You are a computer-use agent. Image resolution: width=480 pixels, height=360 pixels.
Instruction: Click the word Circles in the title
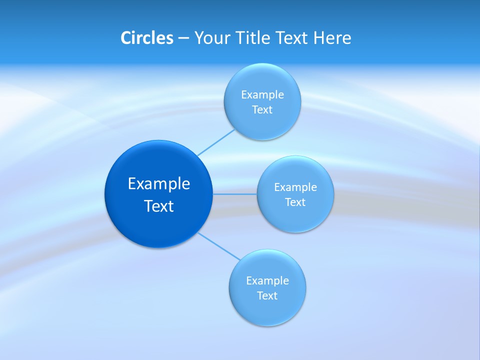pos(146,38)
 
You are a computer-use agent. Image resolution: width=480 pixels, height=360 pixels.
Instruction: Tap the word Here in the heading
pos(332,38)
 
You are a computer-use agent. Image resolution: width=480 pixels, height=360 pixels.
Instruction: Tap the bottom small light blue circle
pos(267,310)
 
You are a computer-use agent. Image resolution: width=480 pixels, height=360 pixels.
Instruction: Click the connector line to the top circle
pos(216,142)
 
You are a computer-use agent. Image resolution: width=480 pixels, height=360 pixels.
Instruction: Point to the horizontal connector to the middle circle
pos(235,194)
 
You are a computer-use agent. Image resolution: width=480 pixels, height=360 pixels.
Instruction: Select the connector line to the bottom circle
pos(218,246)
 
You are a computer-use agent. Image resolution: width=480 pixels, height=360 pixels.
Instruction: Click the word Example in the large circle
pos(159,183)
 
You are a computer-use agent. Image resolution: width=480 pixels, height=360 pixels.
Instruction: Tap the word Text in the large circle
pos(159,206)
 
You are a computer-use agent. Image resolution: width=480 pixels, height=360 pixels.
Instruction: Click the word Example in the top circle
pos(262,94)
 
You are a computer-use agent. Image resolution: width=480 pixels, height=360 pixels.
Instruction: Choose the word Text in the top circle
pos(262,109)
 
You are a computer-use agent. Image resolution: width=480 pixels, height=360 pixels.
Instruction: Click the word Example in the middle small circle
pos(295,187)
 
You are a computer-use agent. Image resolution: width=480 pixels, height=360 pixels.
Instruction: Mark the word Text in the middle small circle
pos(295,202)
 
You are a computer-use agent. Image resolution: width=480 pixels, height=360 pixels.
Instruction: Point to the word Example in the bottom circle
pos(267,280)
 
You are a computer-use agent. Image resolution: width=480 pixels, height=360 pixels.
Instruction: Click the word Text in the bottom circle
pos(267,295)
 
